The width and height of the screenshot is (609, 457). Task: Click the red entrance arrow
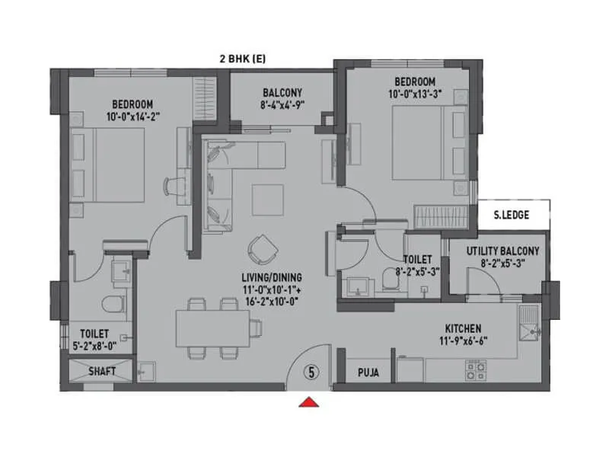tap(309, 403)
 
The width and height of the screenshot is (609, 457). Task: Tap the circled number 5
tap(311, 372)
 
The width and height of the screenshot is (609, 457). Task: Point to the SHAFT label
tap(102, 372)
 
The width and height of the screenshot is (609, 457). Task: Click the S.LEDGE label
tap(511, 215)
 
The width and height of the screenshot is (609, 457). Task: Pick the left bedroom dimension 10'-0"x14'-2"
tap(133, 116)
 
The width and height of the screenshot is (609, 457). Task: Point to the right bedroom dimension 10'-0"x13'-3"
tap(415, 94)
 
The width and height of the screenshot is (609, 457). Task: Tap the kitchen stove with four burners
tap(477, 371)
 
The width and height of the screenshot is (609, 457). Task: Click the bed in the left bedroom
tap(107, 165)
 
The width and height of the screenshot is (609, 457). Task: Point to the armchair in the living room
tap(263, 247)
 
